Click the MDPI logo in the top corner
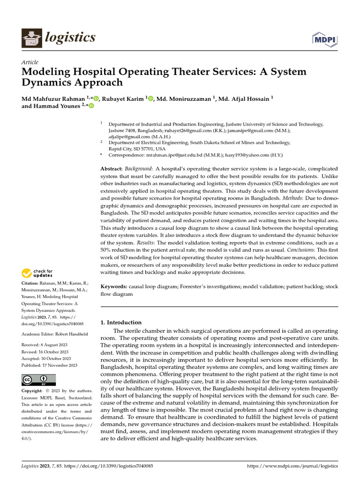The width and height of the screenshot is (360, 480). coord(325,39)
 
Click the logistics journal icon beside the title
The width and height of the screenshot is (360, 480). coord(31,37)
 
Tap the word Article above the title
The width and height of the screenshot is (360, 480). coord(30,62)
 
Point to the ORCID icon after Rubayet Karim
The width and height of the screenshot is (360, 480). coord(150,98)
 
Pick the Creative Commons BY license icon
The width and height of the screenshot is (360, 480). coord(38,379)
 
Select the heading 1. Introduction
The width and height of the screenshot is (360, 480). coord(121,322)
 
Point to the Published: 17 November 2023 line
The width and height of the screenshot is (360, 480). coord(50,365)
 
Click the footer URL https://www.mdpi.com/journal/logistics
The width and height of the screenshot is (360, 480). coord(292,466)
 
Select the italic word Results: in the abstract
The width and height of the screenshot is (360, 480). coord(148,243)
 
